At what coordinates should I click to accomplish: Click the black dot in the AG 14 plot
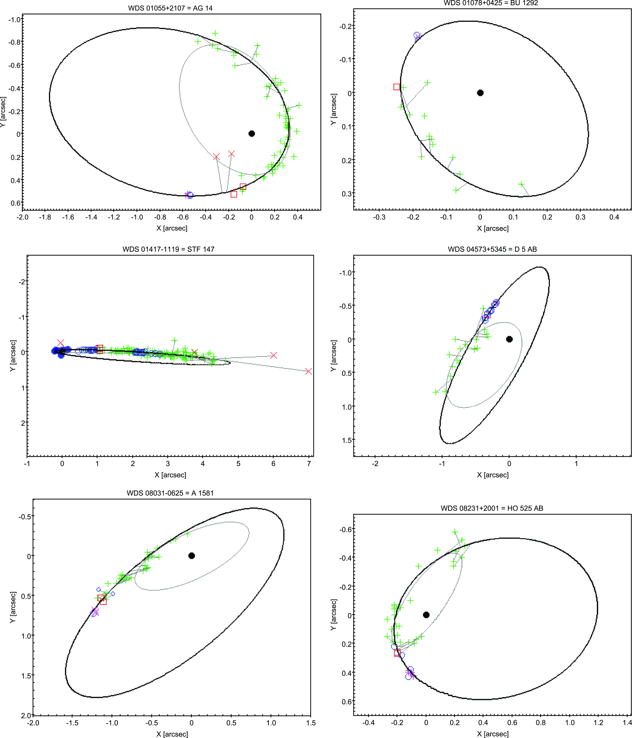pyautogui.click(x=252, y=134)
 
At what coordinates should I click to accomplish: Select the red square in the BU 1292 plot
pyautogui.click(x=397, y=87)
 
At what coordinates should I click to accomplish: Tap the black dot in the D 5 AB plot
pyautogui.click(x=509, y=339)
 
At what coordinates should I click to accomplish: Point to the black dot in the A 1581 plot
pyautogui.click(x=192, y=556)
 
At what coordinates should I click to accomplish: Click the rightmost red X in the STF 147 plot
pyautogui.click(x=308, y=371)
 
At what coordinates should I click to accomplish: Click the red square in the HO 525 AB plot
pyautogui.click(x=397, y=653)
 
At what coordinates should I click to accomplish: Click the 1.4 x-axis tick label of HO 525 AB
pyautogui.click(x=627, y=723)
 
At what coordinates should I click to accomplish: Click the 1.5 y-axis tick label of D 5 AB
pyautogui.click(x=346, y=440)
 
